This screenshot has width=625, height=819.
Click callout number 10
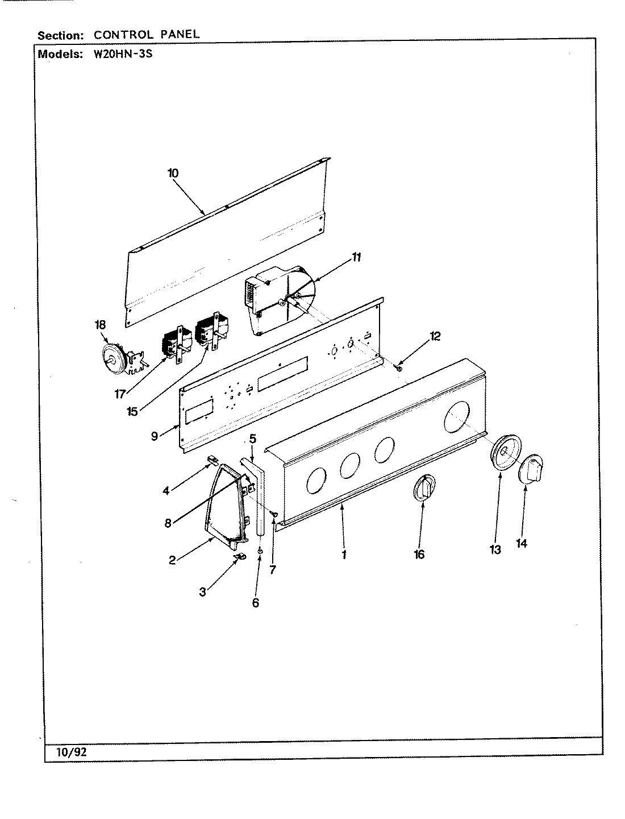(173, 173)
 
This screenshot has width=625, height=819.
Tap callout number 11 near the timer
(356, 257)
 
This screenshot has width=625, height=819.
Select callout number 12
(435, 336)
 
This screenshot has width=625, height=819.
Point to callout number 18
(100, 325)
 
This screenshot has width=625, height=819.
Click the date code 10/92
(71, 752)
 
